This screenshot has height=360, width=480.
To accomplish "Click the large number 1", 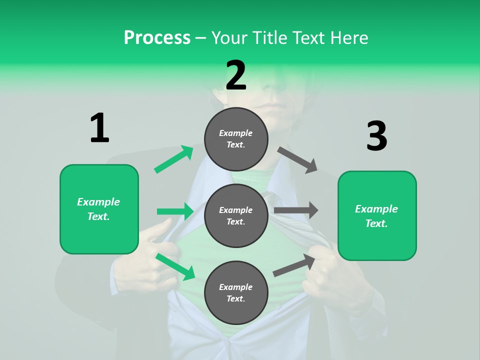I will [99, 128].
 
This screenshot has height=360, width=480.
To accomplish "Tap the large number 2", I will [236, 75].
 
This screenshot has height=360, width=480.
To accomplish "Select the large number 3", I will [376, 136].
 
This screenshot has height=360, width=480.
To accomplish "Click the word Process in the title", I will [157, 37].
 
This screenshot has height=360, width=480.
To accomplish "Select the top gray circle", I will [236, 139].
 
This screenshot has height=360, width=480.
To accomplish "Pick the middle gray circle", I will [236, 215].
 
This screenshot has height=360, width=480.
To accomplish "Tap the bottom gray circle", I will [236, 292].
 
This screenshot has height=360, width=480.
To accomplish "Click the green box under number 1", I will [99, 209].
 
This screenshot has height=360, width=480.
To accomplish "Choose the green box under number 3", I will [376, 216].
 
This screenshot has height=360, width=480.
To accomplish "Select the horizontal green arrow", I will [175, 211].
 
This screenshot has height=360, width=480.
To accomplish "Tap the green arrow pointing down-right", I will [175, 266].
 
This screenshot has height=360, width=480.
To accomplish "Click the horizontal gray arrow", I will [296, 210].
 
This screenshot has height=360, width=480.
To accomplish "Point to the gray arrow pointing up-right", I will [294, 265].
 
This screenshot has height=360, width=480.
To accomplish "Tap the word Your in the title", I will [229, 37].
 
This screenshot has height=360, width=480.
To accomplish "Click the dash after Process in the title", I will [200, 38].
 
